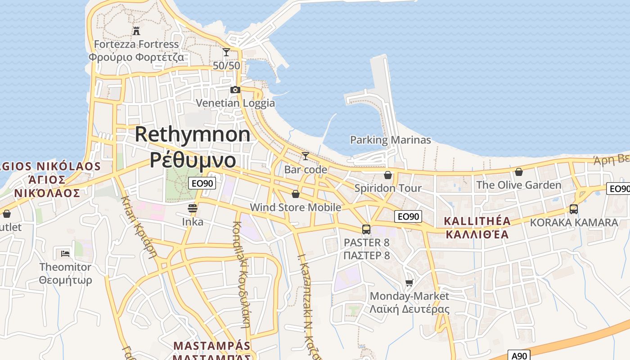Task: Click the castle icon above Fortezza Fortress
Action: pyautogui.click(x=136, y=31)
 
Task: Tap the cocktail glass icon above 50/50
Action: pyautogui.click(x=226, y=52)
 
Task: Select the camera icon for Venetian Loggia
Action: pyautogui.click(x=235, y=90)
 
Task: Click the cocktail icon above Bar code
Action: pyautogui.click(x=306, y=156)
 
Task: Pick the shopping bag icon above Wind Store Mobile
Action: pyautogui.click(x=296, y=194)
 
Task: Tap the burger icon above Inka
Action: pyautogui.click(x=193, y=208)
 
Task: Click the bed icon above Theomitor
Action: pyautogui.click(x=65, y=253)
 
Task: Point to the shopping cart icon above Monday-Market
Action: pyautogui.click(x=409, y=283)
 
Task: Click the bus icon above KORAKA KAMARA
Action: pyautogui.click(x=574, y=209)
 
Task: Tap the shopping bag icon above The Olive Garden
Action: pyautogui.click(x=519, y=172)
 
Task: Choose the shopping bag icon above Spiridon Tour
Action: pyautogui.click(x=388, y=175)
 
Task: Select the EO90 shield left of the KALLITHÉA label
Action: pyautogui.click(x=408, y=216)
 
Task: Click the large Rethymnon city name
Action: pyautogui.click(x=193, y=134)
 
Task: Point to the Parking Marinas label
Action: pyautogui.click(x=390, y=140)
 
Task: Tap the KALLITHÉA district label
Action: pyautogui.click(x=477, y=221)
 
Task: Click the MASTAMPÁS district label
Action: pyautogui.click(x=211, y=346)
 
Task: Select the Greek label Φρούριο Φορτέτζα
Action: pyautogui.click(x=136, y=57)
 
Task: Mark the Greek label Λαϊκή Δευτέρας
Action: pyautogui.click(x=409, y=309)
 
